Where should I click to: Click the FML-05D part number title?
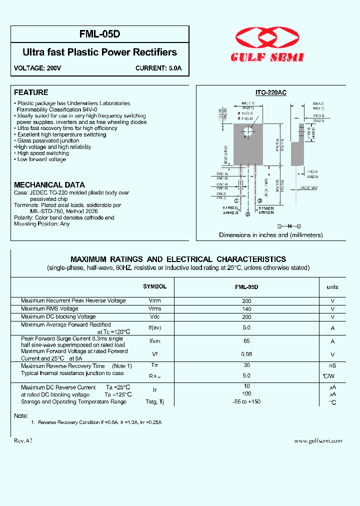click(100, 34)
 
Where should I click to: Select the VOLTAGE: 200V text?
click(37, 68)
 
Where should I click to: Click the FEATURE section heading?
click(31, 92)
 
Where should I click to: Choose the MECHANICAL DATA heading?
click(49, 184)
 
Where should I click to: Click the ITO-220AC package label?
click(270, 92)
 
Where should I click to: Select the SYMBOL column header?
click(154, 287)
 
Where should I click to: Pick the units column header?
click(332, 287)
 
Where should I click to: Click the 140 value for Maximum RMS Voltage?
click(246, 309)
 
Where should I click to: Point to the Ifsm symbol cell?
click(155, 341)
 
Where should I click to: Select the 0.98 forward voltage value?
click(246, 354)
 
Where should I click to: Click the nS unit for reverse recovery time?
click(332, 366)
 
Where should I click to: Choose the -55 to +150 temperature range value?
click(246, 401)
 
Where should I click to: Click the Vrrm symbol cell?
click(155, 301)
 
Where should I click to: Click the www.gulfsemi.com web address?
click(318, 441)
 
